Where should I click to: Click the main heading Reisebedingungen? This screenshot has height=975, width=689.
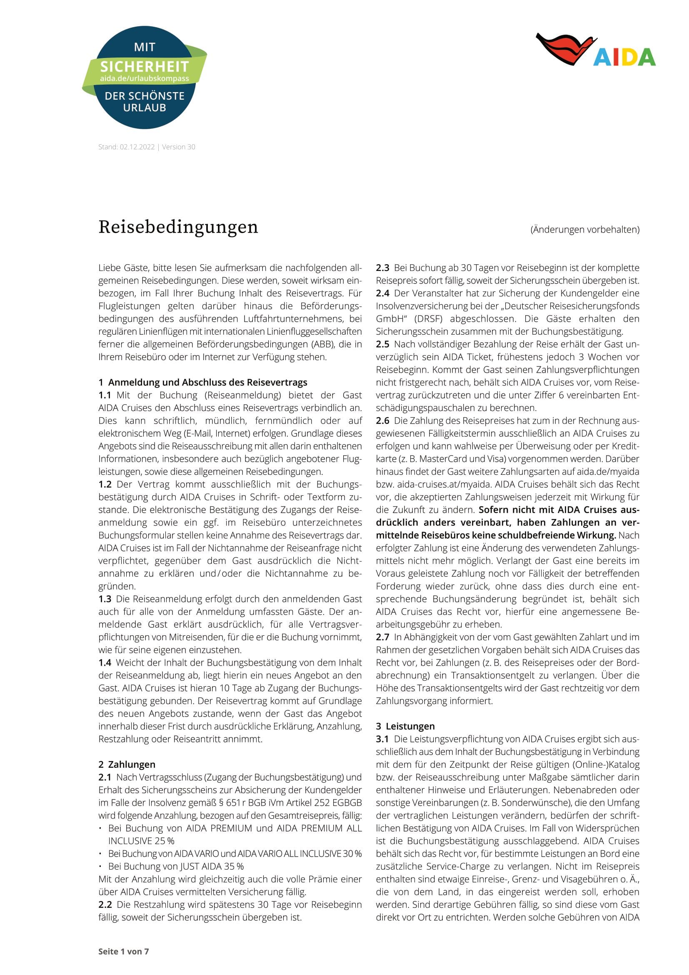[x=178, y=227]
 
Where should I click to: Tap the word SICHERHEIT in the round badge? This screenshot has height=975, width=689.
[x=144, y=67]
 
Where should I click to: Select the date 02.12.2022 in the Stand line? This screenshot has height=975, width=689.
[x=137, y=147]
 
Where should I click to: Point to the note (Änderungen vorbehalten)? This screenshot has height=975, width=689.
[x=584, y=230]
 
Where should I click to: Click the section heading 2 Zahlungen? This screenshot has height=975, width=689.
[x=127, y=764]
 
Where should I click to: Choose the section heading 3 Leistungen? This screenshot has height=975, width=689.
[x=405, y=726]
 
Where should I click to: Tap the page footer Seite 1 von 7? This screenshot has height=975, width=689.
[x=123, y=951]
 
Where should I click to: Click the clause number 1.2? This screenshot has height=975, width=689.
[x=105, y=484]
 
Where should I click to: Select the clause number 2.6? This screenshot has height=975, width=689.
[x=382, y=421]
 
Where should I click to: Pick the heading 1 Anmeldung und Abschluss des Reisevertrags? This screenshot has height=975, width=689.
[x=203, y=382]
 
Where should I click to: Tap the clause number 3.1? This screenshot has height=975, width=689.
[x=382, y=739]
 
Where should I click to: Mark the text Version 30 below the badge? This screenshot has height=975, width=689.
[x=179, y=147]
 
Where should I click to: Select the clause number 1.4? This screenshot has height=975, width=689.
[x=105, y=662]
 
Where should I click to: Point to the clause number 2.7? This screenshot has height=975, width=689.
[x=382, y=637]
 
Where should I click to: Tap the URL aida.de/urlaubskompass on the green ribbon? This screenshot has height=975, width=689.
[x=144, y=78]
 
